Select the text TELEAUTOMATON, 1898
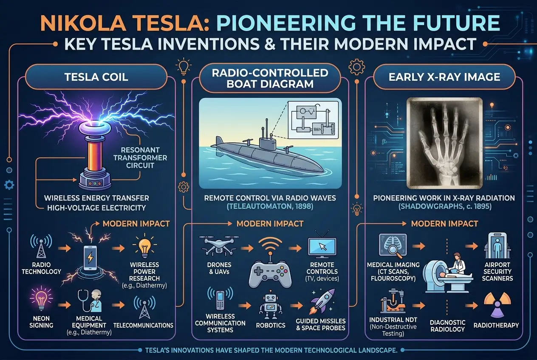(x=270, y=206)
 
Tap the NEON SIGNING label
(x=42, y=321)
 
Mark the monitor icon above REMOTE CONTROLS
(x=322, y=248)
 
